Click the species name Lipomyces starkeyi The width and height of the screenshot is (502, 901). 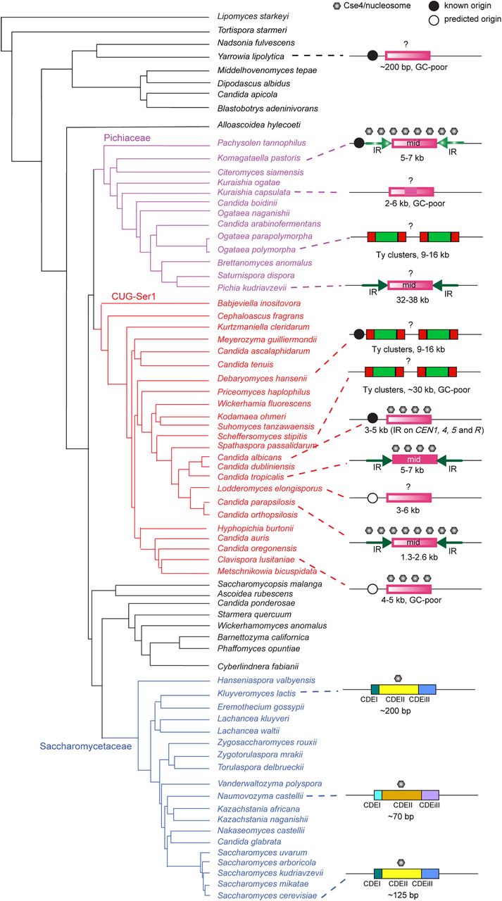253,16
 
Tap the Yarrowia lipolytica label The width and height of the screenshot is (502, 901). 251,56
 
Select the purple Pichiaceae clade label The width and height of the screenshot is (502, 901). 127,138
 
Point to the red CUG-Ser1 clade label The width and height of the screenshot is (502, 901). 134,296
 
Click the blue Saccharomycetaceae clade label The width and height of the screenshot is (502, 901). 86,746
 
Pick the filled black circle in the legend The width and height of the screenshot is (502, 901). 434,6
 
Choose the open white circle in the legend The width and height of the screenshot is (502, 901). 434,20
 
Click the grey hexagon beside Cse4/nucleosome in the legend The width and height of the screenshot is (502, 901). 337,6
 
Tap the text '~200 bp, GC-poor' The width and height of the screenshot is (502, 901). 413,67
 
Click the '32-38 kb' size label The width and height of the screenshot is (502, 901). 413,300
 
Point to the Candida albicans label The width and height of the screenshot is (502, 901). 249,458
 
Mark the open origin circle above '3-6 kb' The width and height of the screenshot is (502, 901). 373,498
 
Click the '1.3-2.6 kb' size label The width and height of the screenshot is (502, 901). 419,557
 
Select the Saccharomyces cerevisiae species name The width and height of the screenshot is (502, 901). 267,895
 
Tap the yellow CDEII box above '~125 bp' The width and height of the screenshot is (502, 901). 401,874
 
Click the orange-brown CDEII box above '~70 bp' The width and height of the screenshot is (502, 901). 401,795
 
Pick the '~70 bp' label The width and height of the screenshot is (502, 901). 401,816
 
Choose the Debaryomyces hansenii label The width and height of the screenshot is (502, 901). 262,379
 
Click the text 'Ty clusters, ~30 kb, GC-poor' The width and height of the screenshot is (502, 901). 416,390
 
